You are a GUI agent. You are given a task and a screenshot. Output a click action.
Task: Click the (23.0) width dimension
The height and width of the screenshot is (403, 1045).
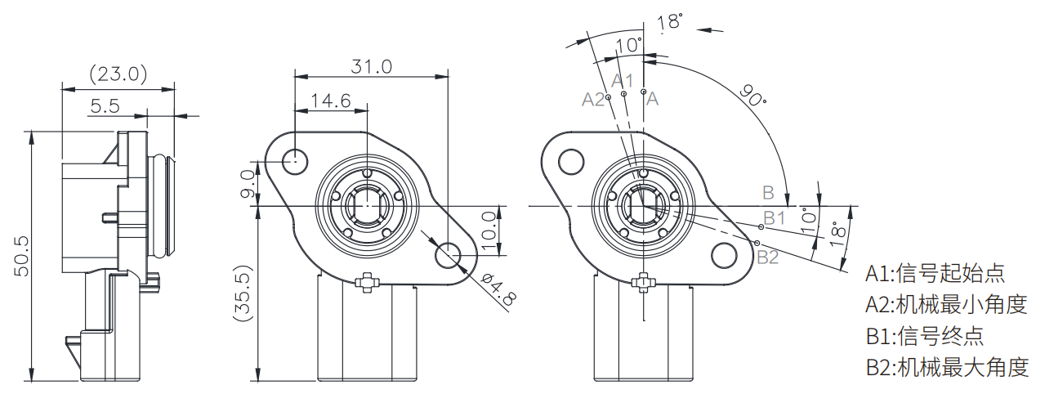point(118,74)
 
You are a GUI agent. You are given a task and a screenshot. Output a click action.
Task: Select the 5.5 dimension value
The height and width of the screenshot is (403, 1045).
point(105,105)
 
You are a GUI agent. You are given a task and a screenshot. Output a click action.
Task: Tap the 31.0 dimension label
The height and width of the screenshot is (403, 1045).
point(372,66)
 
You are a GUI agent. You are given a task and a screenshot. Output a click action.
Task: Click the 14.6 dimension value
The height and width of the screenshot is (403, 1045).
point(330,101)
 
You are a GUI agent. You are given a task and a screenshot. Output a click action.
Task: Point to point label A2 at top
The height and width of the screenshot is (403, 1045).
point(593,99)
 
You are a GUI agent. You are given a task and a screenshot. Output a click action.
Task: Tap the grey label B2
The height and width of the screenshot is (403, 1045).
point(768,257)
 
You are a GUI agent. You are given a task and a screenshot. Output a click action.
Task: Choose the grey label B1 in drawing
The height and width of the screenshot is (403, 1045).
point(774,217)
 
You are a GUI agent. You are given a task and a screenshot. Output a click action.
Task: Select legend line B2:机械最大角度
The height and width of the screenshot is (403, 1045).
point(946,367)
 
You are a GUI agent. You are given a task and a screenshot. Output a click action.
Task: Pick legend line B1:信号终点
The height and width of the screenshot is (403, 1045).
point(924,335)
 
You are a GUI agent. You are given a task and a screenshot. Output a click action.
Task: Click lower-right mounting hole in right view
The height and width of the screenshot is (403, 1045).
point(724,255)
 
